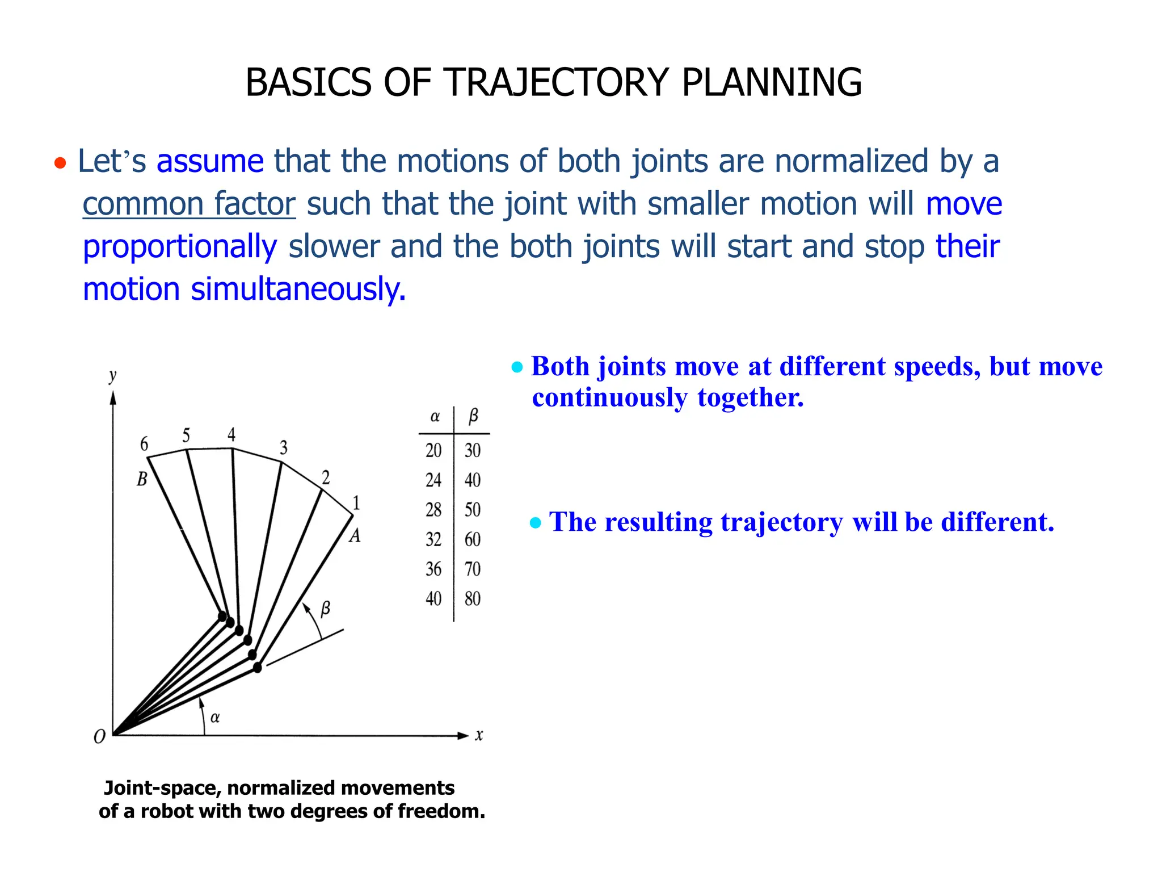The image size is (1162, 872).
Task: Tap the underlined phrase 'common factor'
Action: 189,204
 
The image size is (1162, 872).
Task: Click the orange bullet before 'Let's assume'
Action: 60,164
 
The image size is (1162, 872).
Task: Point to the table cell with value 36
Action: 433,569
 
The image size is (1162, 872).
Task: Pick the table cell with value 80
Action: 473,599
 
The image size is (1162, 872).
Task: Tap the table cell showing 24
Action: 433,480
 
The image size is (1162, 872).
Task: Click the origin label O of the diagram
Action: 99,737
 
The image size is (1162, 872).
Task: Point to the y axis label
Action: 112,375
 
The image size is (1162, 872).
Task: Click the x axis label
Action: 479,736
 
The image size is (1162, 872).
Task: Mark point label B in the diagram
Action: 142,480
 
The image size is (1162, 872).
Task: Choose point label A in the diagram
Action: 355,535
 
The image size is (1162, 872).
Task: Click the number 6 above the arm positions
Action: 144,444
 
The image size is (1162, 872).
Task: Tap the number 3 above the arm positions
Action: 284,448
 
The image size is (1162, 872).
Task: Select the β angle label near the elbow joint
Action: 325,609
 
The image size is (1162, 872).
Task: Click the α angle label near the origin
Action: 215,718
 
